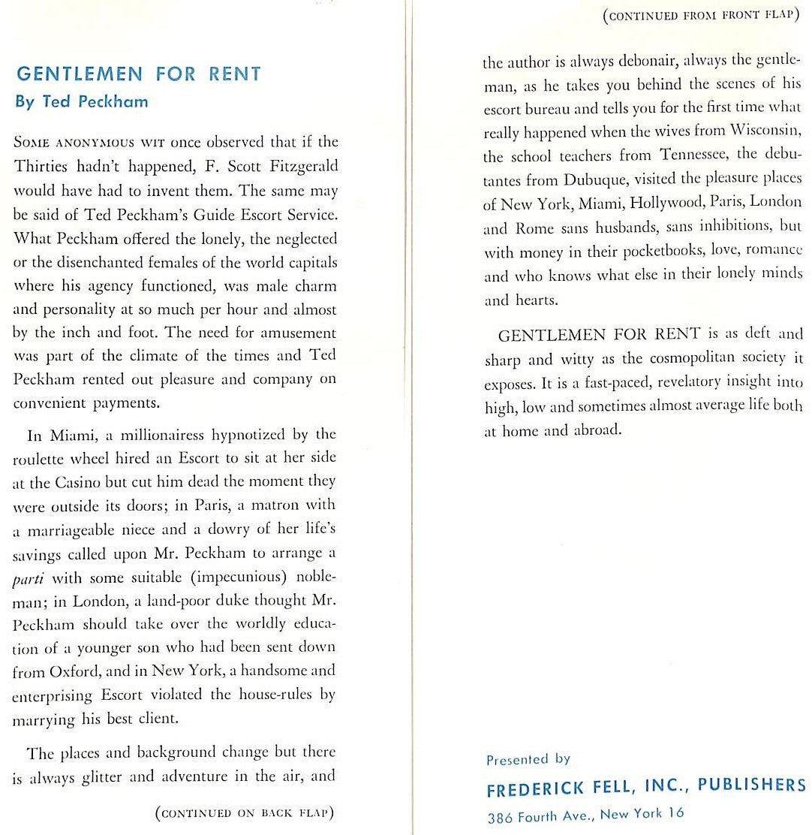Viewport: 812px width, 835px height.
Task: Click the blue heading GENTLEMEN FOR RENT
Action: [139, 74]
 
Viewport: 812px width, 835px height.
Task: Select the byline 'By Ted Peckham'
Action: [81, 102]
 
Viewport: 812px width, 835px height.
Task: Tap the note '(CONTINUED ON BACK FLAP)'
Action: [245, 812]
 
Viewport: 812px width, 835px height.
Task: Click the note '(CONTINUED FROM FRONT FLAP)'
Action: [699, 16]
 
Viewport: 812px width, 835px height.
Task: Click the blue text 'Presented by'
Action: [528, 759]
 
